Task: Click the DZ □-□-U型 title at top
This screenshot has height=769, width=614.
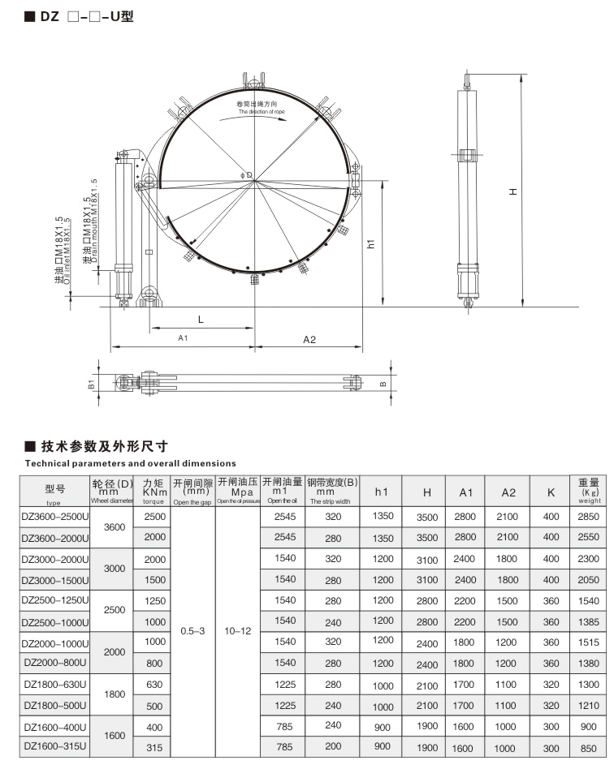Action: [x=80, y=15]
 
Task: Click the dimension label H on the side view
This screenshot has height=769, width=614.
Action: [x=512, y=191]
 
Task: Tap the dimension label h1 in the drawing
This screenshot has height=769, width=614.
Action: [x=370, y=243]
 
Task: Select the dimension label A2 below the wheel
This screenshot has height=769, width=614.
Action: [x=309, y=339]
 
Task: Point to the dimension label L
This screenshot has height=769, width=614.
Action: [x=201, y=320]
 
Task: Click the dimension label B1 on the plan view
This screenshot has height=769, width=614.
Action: [x=92, y=383]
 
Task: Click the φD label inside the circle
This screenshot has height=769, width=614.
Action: [x=247, y=174]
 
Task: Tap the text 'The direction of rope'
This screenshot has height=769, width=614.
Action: [x=258, y=111]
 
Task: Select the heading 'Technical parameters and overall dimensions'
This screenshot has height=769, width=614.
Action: [x=119, y=463]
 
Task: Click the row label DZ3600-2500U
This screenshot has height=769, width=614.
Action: [x=55, y=515]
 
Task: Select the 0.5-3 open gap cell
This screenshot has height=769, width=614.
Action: [x=192, y=630]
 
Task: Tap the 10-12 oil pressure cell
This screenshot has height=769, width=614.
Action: [x=237, y=630]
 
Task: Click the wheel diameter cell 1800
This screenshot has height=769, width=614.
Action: [x=115, y=694]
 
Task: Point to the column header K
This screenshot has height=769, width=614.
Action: [x=551, y=492]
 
